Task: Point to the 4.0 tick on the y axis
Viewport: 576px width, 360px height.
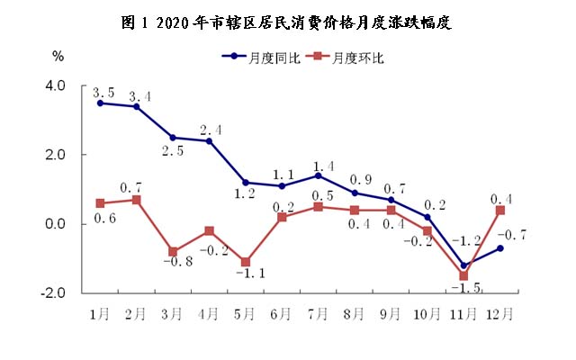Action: coord(57,86)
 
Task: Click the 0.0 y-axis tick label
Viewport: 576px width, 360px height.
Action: coord(57,224)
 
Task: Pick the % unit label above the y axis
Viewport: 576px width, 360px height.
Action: coord(58,57)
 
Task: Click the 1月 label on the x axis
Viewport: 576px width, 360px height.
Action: coord(100,313)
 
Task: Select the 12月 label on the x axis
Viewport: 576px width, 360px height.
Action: coord(499,313)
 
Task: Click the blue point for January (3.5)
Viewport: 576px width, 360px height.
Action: coord(100,103)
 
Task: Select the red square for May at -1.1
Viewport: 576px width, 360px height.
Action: coord(246,262)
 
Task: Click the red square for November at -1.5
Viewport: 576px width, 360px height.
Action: coord(463,275)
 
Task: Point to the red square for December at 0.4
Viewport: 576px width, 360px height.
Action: coord(499,210)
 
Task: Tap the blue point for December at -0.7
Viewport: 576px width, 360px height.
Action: coord(499,248)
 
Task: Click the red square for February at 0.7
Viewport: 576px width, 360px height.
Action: coord(136,200)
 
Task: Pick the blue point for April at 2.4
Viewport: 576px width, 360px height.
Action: coord(209,140)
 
